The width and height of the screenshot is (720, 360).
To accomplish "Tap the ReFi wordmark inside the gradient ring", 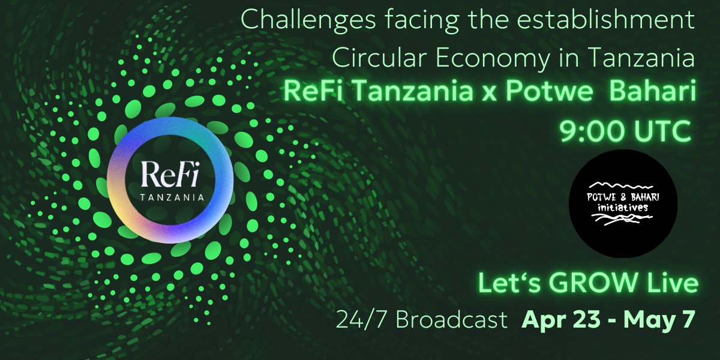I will (x=170, y=175).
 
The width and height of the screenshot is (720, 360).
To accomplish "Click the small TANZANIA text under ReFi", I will (x=170, y=196).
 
